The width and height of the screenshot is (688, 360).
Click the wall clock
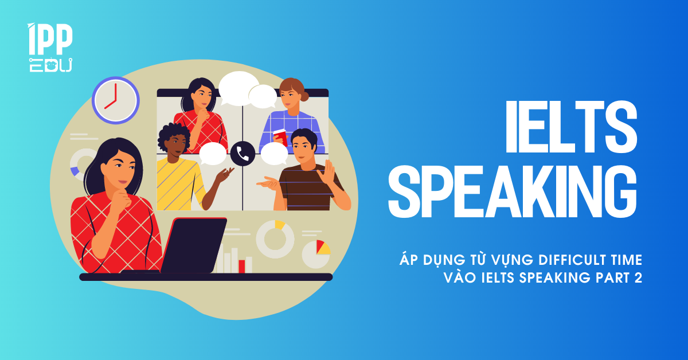pyautogui.click(x=116, y=100)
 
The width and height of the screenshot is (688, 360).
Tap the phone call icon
pyautogui.click(x=243, y=154)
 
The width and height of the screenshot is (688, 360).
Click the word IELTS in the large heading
pyautogui.click(x=572, y=127)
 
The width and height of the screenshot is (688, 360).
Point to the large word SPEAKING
pyautogui.click(x=513, y=191)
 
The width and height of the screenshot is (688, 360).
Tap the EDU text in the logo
pyautogui.click(x=50, y=65)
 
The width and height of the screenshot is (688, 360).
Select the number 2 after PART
pyautogui.click(x=638, y=277)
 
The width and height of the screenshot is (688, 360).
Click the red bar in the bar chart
pyautogui.click(x=242, y=267)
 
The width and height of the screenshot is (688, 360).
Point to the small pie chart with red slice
pyautogui.click(x=316, y=255)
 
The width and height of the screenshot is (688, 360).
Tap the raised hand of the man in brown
pyautogui.click(x=327, y=173)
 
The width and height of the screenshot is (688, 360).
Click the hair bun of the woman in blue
pyautogui.click(x=304, y=96)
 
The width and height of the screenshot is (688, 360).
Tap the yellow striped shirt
pyautogui.click(x=179, y=185)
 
